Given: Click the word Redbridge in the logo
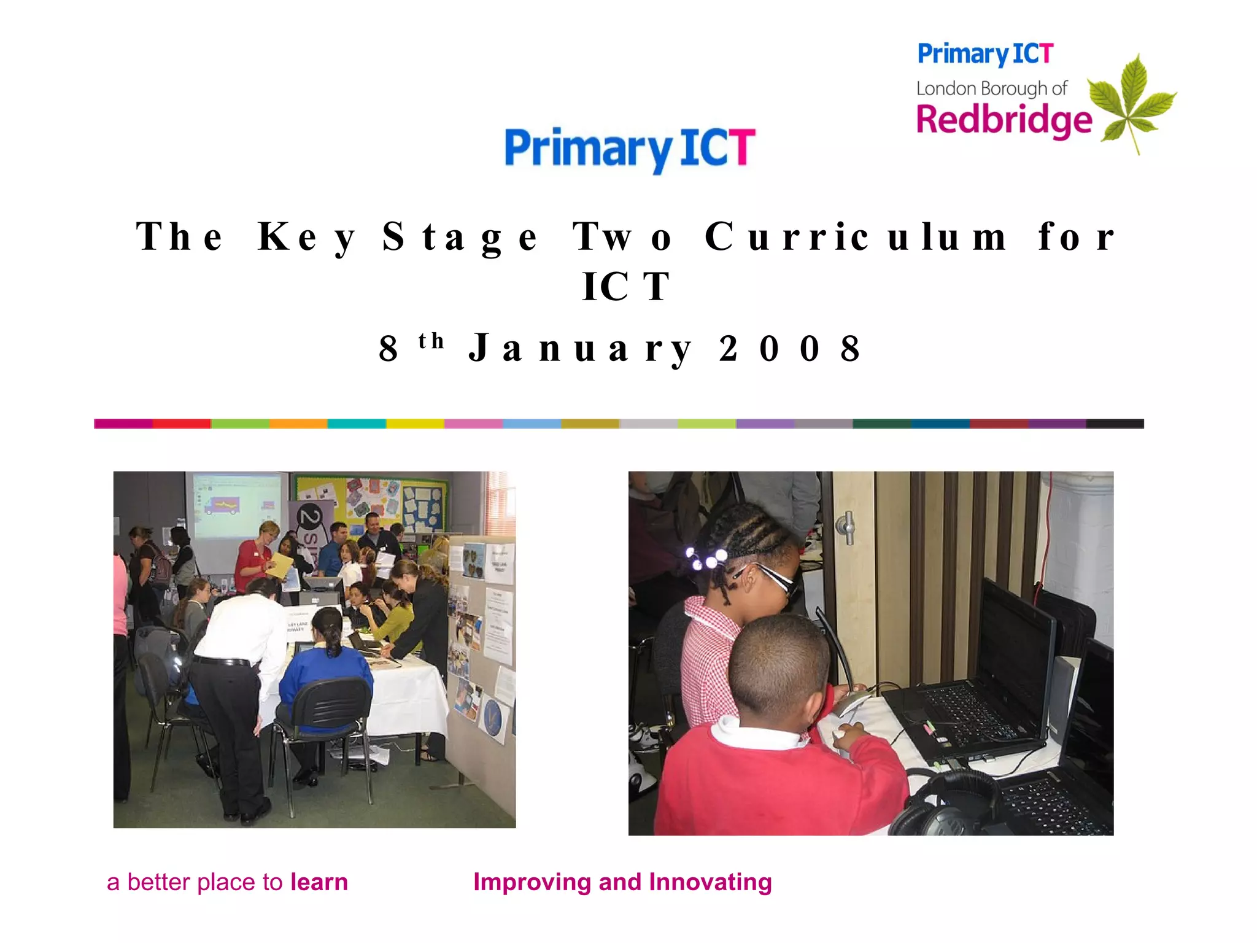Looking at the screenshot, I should point(1004,120).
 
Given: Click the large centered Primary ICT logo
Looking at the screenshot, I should point(630,149).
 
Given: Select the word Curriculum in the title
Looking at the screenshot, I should point(856,237).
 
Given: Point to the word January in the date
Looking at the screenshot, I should point(580,349).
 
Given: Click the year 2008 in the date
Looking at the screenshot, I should point(790,349).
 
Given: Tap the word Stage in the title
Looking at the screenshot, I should point(460,237).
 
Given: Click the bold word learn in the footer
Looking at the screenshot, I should point(319,882).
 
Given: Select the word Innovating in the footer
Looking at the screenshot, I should point(710,882).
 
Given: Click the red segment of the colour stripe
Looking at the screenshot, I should point(182,424).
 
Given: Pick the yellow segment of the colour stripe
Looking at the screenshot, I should point(415,424).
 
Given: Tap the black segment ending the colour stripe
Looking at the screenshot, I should point(1115,424).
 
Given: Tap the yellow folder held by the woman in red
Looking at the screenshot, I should point(279,565).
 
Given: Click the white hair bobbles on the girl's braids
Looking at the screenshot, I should point(706,559).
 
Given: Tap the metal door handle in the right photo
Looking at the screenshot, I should point(847,527).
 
